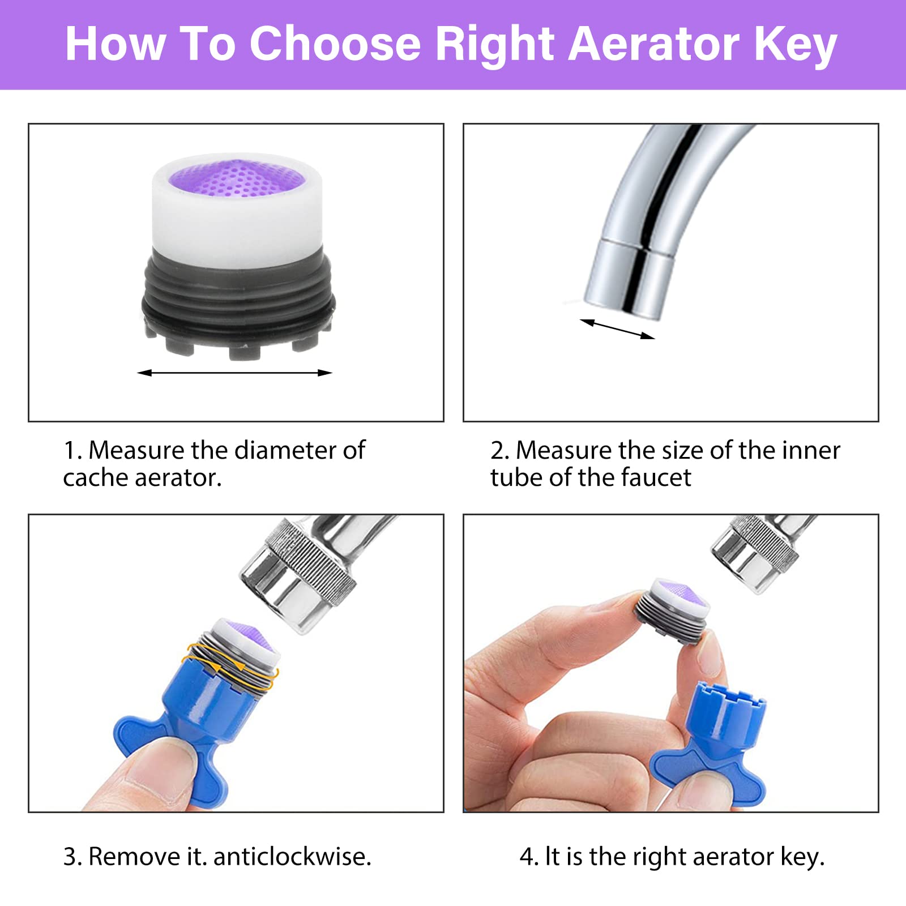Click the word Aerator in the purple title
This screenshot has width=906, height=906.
point(653,44)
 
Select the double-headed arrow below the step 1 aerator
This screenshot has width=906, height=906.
point(234,373)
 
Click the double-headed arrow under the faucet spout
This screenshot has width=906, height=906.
point(617,329)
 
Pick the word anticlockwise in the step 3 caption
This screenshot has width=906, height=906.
point(292,856)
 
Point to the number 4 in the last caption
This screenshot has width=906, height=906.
point(525,857)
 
